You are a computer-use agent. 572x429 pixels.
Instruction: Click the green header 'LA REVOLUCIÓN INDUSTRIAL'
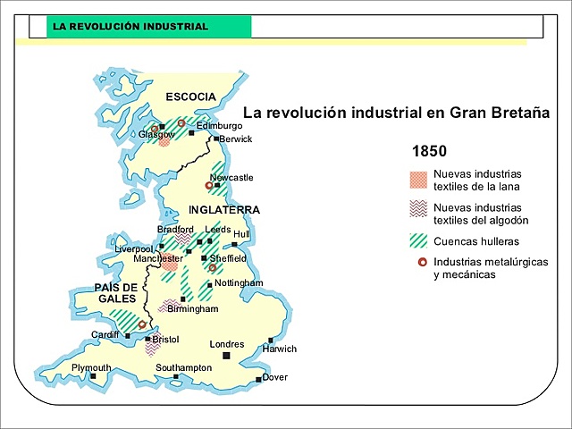(130, 27)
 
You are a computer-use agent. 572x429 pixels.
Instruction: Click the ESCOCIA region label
(190, 97)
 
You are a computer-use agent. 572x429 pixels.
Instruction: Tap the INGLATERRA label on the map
(223, 210)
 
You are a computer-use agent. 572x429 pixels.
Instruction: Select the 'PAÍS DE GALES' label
(117, 292)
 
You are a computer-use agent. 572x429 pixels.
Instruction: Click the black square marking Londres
(227, 356)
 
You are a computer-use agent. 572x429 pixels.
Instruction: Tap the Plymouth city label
(91, 367)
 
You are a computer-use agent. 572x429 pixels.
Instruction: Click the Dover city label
(275, 377)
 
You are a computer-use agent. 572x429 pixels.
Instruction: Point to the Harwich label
(279, 349)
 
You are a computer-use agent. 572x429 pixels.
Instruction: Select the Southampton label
(183, 367)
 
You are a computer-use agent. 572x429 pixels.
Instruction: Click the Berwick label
(236, 139)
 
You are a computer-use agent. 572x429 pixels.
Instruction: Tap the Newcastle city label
(231, 178)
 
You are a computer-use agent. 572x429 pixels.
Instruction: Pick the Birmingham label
(192, 308)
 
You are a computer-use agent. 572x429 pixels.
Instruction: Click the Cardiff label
(105, 335)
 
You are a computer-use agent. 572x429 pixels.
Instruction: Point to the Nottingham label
(239, 282)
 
